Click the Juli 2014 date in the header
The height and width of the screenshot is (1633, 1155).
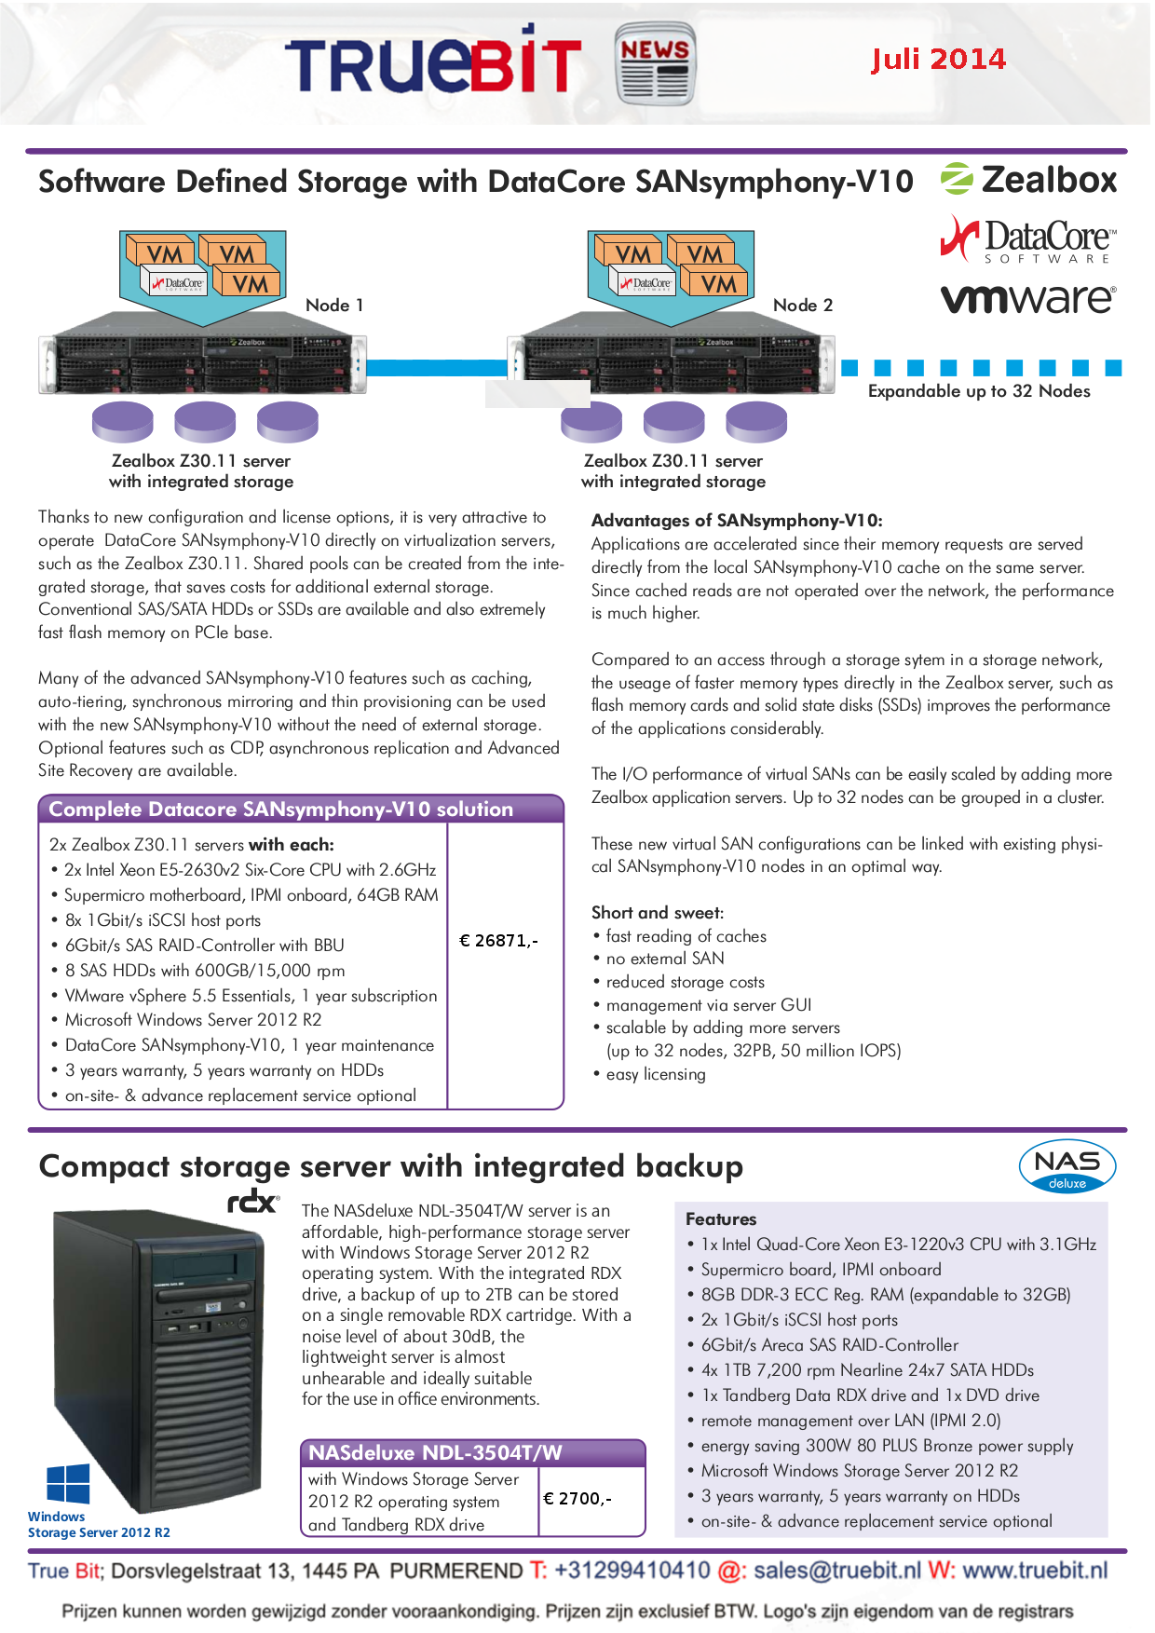938,60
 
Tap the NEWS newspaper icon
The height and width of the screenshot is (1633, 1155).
655,63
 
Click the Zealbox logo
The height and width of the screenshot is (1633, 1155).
1028,179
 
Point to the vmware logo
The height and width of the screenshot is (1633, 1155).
1027,298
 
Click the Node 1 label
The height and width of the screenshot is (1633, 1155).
334,306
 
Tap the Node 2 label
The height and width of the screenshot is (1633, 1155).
803,306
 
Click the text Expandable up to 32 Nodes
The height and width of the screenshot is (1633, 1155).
979,391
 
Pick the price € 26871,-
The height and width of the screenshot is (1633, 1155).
498,941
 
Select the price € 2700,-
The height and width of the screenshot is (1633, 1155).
577,1499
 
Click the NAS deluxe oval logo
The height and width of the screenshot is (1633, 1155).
1067,1166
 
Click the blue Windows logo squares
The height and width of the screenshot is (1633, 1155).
68,1484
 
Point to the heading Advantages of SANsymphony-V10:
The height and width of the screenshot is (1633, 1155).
737,521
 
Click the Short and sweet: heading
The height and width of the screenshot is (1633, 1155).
658,913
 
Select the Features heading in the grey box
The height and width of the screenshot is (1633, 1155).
721,1219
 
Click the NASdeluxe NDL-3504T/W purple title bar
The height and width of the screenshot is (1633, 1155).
472,1453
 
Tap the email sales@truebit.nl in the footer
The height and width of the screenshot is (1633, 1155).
837,1571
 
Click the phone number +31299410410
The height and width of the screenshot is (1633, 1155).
632,1571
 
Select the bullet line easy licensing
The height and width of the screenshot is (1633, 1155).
656,1074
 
